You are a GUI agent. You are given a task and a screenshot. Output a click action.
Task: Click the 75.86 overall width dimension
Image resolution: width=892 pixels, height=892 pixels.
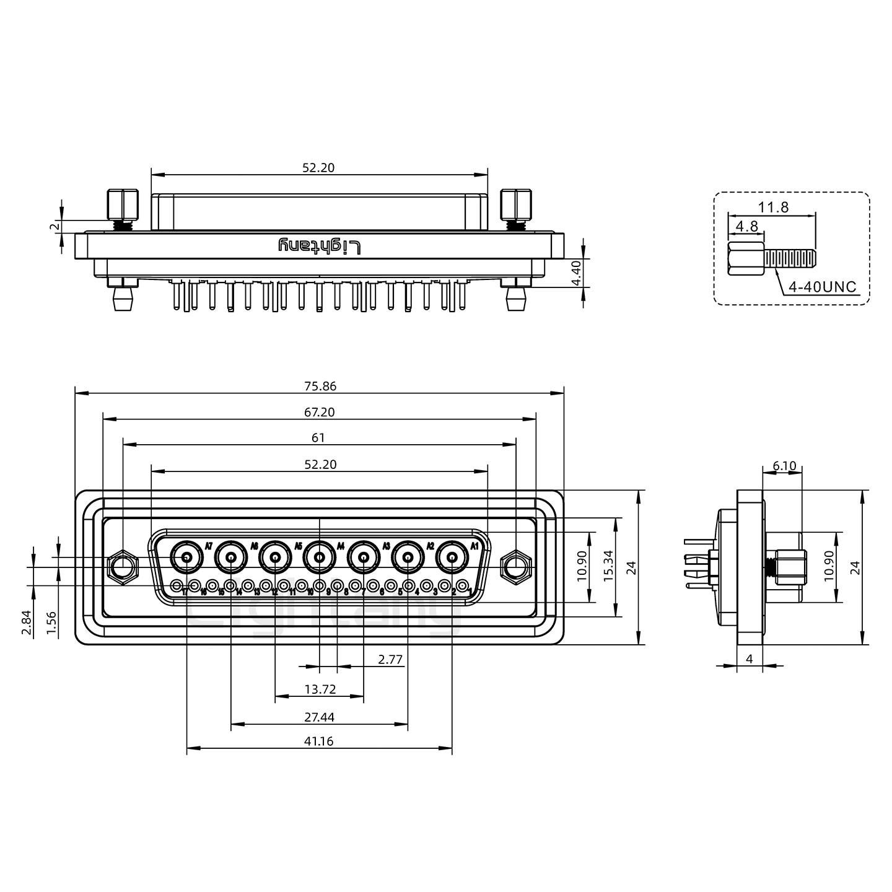pyautogui.click(x=320, y=386)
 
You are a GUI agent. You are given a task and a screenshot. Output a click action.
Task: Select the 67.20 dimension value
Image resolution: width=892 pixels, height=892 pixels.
pyautogui.click(x=320, y=412)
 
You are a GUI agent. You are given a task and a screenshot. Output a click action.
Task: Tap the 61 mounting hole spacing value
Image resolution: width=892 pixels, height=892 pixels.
pyautogui.click(x=318, y=438)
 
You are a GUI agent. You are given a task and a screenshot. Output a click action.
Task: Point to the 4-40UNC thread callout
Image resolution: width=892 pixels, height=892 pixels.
pyautogui.click(x=822, y=287)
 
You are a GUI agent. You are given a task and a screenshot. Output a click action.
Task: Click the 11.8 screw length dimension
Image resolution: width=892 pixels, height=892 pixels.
pyautogui.click(x=774, y=208)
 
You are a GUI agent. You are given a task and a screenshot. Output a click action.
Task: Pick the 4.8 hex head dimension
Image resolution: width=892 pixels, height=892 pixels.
pyautogui.click(x=746, y=226)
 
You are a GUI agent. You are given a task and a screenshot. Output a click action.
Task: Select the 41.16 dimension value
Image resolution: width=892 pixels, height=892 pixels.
pyautogui.click(x=319, y=741)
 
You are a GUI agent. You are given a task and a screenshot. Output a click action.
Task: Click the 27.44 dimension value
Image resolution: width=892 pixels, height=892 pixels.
pyautogui.click(x=319, y=717)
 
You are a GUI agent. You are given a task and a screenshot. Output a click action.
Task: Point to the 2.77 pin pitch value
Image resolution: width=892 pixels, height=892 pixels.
pyautogui.click(x=390, y=660)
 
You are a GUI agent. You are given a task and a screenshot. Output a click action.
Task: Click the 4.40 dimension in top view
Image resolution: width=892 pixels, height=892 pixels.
pyautogui.click(x=575, y=273)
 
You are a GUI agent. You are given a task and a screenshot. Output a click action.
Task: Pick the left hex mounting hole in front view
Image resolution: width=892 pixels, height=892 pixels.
pyautogui.click(x=123, y=566)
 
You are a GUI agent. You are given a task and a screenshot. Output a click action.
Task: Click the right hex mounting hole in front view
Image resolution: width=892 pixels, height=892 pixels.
pyautogui.click(x=515, y=566)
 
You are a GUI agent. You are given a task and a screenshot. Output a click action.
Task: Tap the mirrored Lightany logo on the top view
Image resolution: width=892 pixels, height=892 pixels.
pyautogui.click(x=320, y=247)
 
